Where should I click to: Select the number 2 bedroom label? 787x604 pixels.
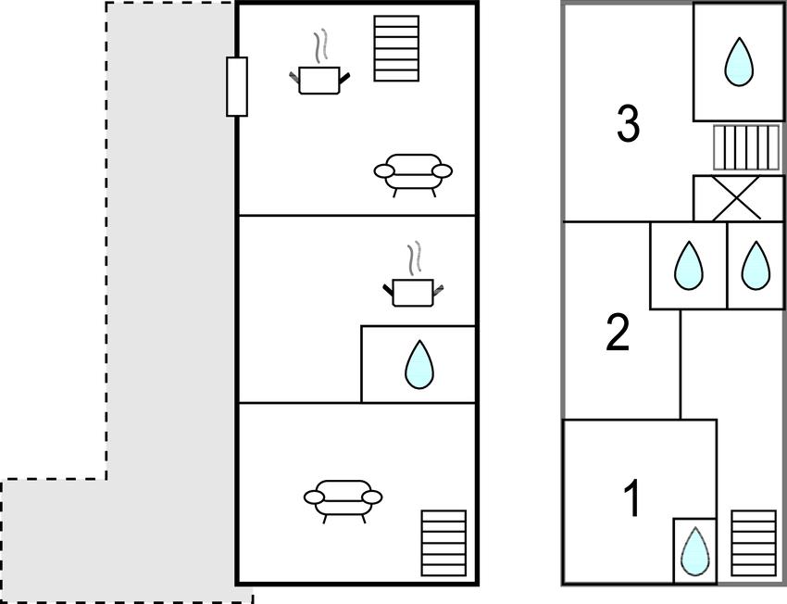pyautogui.click(x=618, y=333)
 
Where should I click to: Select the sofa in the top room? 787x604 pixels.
pyautogui.click(x=413, y=174)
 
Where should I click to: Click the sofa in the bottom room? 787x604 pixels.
pyautogui.click(x=343, y=500)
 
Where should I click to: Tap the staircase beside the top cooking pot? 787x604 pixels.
pyautogui.click(x=396, y=48)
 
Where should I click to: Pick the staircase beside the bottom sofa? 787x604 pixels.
pyautogui.click(x=443, y=543)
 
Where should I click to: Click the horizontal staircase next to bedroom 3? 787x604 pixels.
pyautogui.click(x=747, y=147)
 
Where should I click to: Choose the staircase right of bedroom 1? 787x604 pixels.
pyautogui.click(x=754, y=543)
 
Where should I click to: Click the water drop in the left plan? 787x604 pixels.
pyautogui.click(x=419, y=364)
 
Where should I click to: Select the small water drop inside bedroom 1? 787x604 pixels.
pyautogui.click(x=695, y=550)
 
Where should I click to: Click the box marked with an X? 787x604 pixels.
pyautogui.click(x=738, y=198)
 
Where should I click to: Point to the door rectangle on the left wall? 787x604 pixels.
pyautogui.click(x=237, y=86)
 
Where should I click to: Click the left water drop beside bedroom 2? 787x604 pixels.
pyautogui.click(x=689, y=266)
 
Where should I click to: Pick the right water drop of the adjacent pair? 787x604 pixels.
pyautogui.click(x=756, y=266)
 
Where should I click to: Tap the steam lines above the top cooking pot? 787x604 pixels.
pyautogui.click(x=319, y=48)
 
